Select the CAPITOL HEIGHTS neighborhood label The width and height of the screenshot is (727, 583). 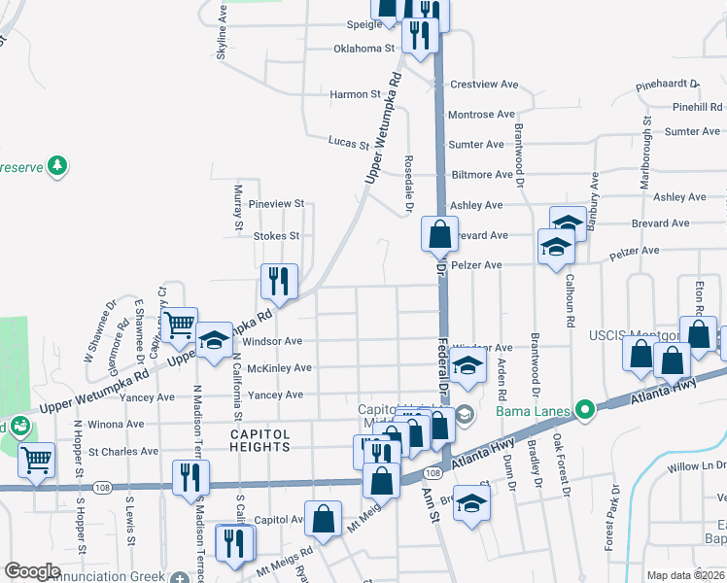point(260,440)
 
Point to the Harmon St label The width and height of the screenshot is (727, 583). point(355,94)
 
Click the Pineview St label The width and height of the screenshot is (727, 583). point(277,204)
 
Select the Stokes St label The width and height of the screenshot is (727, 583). point(276,235)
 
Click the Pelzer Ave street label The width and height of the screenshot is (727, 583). point(475,265)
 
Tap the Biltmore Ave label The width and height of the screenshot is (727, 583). point(480,175)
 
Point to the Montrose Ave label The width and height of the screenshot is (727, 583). point(481,115)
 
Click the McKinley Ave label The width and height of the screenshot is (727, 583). point(280,368)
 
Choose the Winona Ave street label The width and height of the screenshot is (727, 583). point(116,425)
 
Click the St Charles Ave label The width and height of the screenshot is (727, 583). point(122,452)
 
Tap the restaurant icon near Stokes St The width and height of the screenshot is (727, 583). point(279,281)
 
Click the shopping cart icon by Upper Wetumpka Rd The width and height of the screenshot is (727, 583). point(179,326)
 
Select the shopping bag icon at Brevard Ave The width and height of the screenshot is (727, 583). point(439,233)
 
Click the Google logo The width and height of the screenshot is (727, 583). point(32,571)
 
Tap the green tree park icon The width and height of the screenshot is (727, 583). point(58,165)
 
